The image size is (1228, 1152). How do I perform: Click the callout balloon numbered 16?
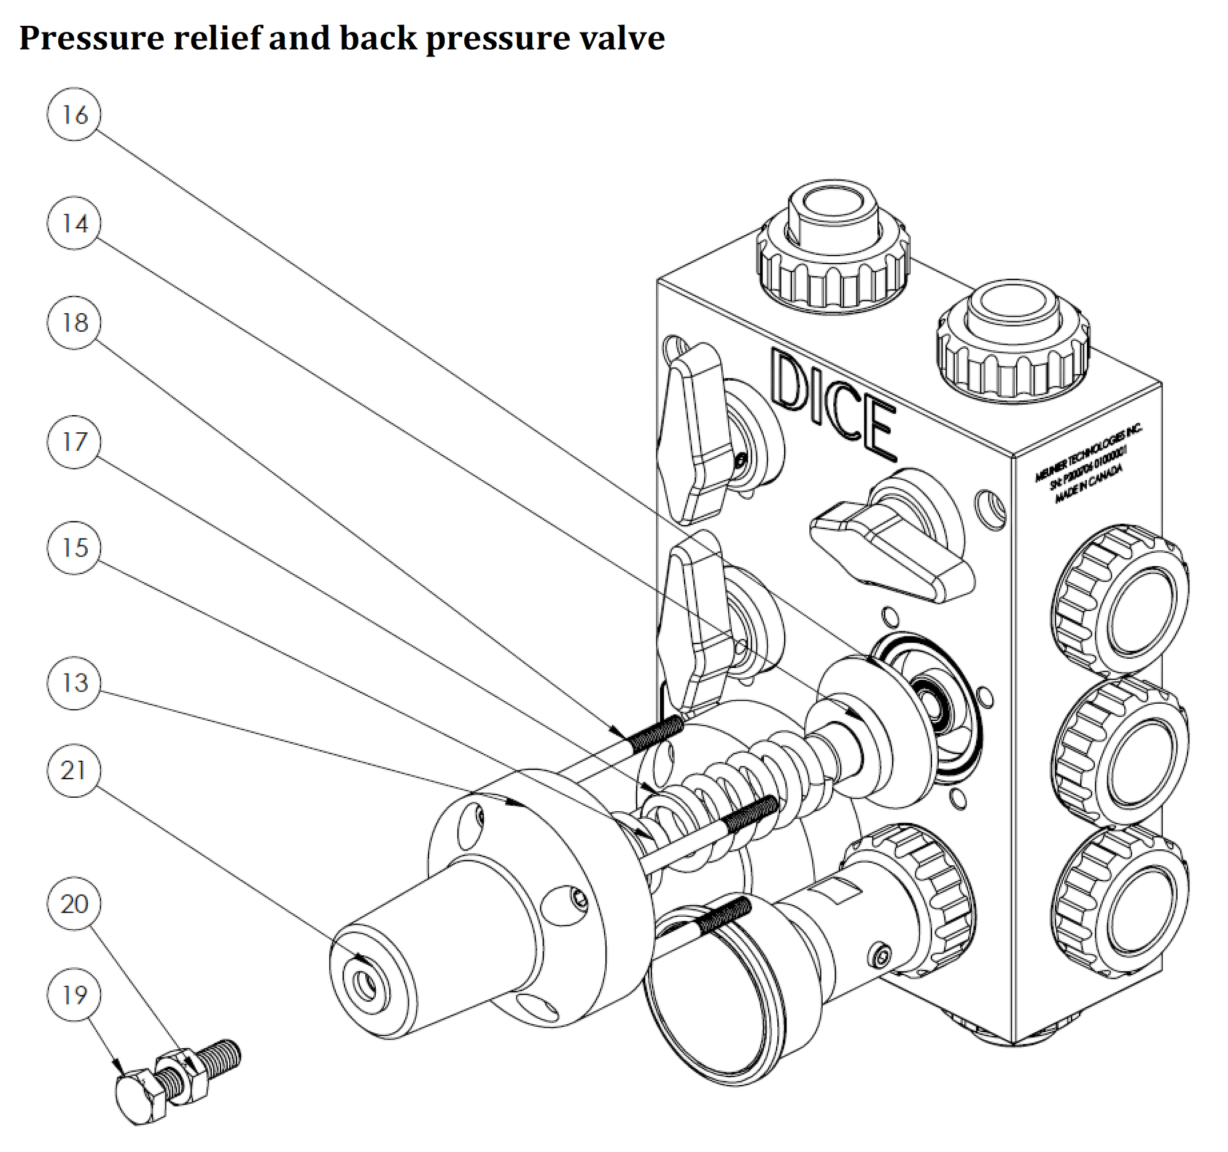74,114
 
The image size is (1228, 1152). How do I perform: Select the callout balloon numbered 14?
74,223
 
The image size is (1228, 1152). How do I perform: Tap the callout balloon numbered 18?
74,322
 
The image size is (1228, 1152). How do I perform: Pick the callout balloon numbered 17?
74,442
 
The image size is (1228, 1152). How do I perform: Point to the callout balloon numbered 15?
74,548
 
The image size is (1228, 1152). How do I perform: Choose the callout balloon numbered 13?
74,683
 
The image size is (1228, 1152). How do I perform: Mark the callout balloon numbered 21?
74,770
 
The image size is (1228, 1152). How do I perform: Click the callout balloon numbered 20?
74,904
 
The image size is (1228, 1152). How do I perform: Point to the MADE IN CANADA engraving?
1088,485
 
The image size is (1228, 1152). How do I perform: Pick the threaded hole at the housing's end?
366,983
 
